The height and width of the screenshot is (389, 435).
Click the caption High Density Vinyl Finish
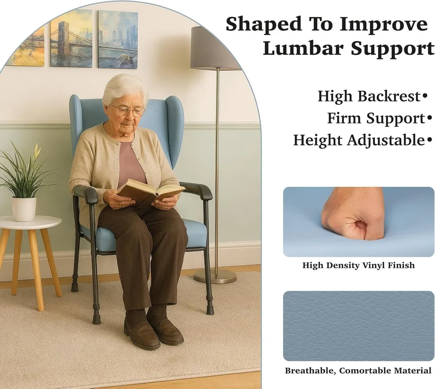click(x=358, y=266)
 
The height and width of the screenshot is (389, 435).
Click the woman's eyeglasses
click(x=128, y=109)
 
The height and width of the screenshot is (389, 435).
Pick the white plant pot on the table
click(x=24, y=208)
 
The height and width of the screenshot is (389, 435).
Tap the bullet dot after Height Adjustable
click(x=430, y=140)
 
